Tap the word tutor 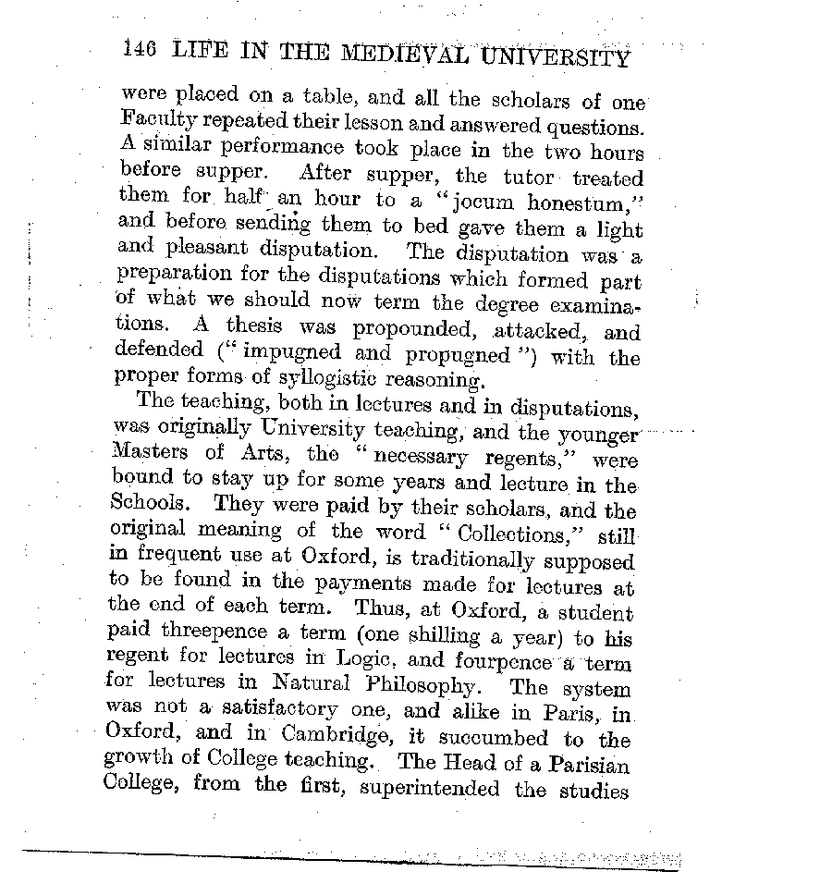(528, 178)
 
